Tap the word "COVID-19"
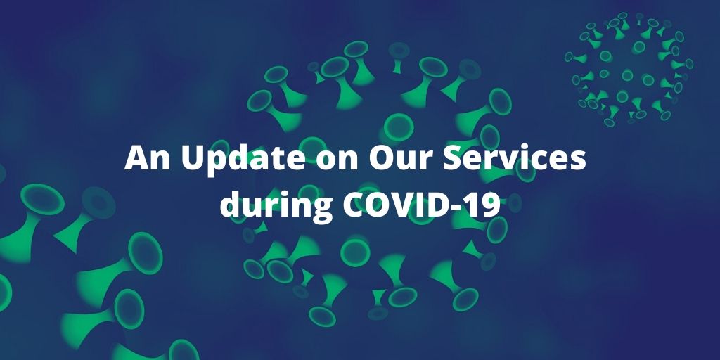point(422,205)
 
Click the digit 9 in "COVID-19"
point(490,205)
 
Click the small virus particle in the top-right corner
point(629,69)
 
